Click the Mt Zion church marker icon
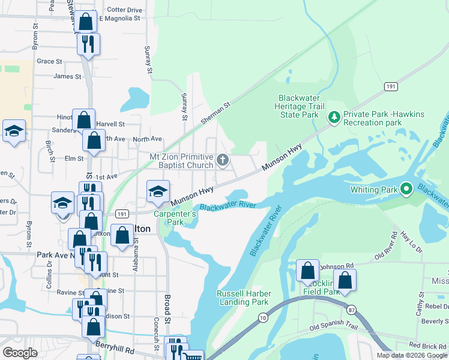(223, 160)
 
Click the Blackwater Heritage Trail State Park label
(298, 106)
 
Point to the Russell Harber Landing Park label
(244, 298)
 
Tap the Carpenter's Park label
(175, 218)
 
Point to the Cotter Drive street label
(124, 10)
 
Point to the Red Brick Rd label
(427, 346)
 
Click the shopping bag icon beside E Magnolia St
(86, 22)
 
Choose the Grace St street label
(49, 61)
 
